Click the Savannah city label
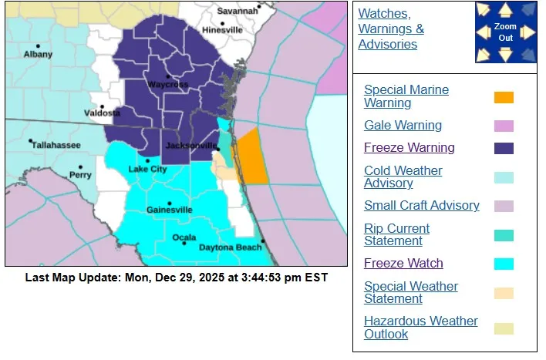(237, 11)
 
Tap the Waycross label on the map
(167, 84)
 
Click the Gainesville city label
(170, 209)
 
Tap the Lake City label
(147, 169)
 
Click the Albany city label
(38, 54)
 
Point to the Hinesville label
(222, 30)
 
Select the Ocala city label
(184, 237)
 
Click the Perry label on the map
(80, 175)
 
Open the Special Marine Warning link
(406, 96)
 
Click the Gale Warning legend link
(403, 125)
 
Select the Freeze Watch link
(403, 263)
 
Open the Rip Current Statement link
(396, 234)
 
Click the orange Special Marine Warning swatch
(504, 97)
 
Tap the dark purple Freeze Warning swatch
(504, 148)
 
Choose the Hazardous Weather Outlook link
(420, 327)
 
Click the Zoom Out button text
(504, 32)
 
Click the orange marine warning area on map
(253, 158)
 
